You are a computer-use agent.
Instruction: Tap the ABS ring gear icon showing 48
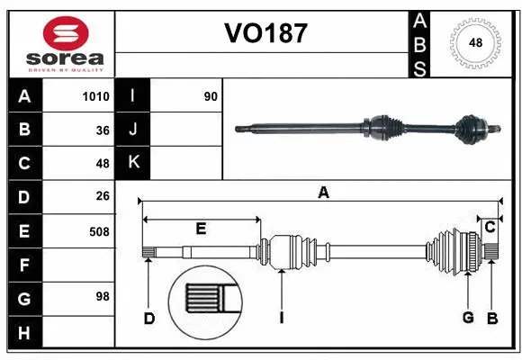(473, 43)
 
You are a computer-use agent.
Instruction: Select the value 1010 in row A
(95, 96)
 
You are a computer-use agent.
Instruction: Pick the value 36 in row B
(102, 130)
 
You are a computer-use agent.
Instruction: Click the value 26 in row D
(102, 196)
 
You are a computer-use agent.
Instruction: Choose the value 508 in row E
(99, 230)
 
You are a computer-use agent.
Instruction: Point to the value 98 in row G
(102, 296)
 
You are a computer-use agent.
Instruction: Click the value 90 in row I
(211, 96)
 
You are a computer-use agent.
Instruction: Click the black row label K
(133, 163)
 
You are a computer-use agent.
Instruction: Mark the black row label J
(133, 130)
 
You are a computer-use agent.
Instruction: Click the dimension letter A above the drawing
(323, 191)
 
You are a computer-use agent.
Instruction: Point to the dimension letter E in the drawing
(201, 229)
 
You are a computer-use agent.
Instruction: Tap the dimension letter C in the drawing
(490, 228)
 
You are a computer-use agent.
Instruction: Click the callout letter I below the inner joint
(282, 317)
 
